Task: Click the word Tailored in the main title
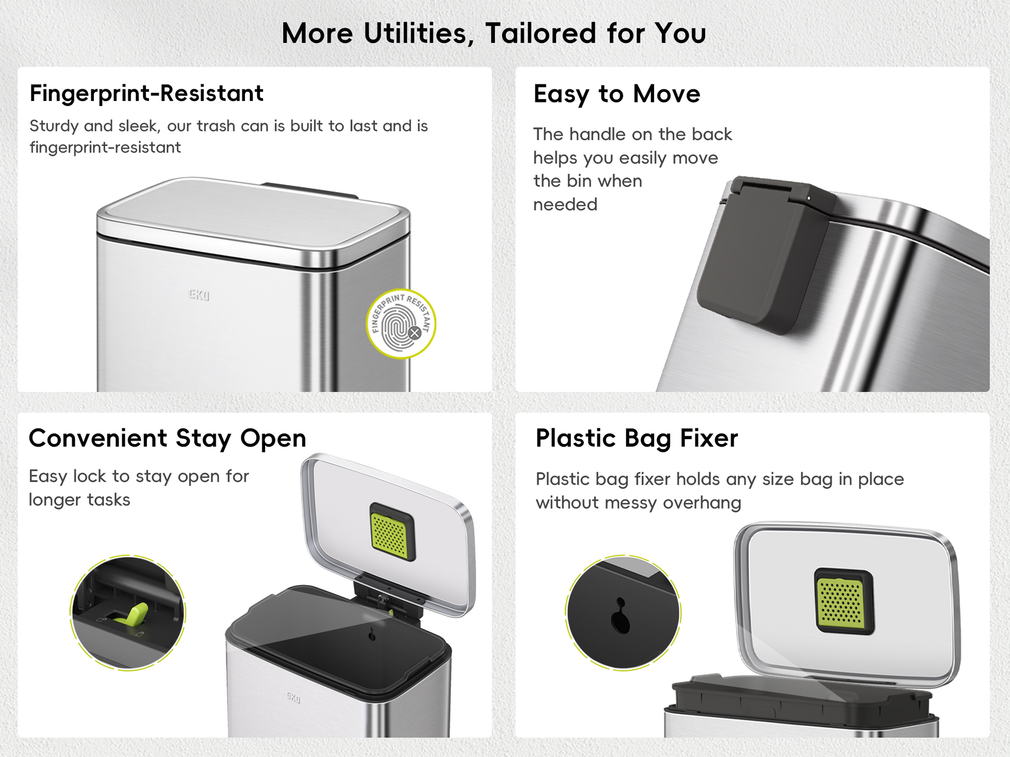tap(541, 33)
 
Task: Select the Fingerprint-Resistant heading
tap(146, 94)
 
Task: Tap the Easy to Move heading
tap(617, 94)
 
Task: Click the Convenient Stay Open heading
tap(168, 439)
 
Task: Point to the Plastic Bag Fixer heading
tap(637, 438)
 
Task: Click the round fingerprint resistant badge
tap(401, 324)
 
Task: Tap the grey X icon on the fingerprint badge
tap(415, 333)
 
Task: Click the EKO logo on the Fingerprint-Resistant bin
tap(198, 295)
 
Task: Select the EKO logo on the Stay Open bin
tap(293, 697)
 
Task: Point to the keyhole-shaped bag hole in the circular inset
tap(621, 616)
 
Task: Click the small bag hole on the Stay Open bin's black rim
tap(372, 635)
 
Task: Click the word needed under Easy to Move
tap(565, 205)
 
